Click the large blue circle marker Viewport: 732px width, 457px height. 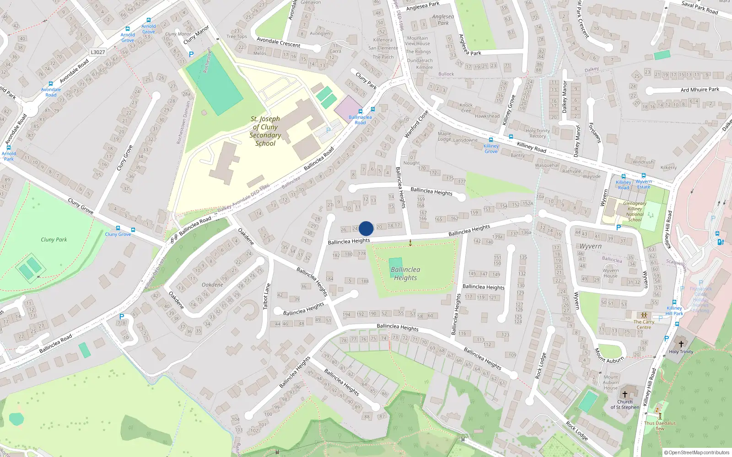click(x=366, y=228)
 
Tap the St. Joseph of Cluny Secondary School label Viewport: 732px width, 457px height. click(x=265, y=131)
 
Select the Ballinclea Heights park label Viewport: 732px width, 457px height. click(x=405, y=274)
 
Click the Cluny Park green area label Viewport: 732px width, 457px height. click(x=54, y=239)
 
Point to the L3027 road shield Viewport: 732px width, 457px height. click(x=97, y=52)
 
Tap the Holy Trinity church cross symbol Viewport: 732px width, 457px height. click(x=681, y=344)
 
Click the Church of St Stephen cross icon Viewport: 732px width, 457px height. click(x=625, y=394)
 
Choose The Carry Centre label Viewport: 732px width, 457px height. click(x=644, y=324)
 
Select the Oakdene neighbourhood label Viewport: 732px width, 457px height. click(x=212, y=285)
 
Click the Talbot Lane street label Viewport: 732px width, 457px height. click(x=266, y=296)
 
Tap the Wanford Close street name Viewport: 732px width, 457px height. click(x=416, y=124)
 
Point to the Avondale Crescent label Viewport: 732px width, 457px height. click(x=278, y=43)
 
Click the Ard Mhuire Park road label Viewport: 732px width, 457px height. click(x=700, y=90)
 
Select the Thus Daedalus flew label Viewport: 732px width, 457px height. click(x=660, y=425)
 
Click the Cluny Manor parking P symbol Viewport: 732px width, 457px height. click(x=191, y=54)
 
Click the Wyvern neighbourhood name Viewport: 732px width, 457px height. click(x=591, y=246)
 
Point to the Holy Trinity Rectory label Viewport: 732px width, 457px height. click(x=538, y=133)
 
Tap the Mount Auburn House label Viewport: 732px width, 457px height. click(x=611, y=383)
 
